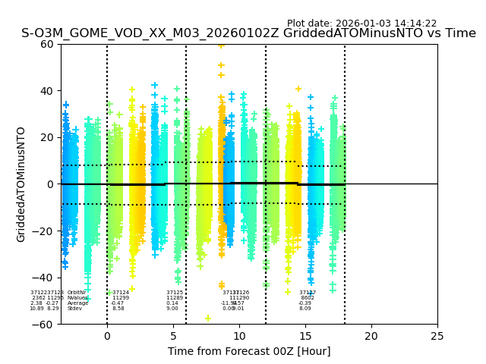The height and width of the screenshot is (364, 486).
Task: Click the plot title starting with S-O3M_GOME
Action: click(248, 33)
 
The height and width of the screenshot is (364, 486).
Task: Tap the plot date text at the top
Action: click(361, 24)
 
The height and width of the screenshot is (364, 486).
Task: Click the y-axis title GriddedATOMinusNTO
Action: click(21, 184)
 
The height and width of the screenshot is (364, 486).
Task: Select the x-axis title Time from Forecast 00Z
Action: click(249, 351)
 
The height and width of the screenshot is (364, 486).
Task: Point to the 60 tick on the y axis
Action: click(48, 44)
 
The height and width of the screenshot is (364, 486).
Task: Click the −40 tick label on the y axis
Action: click(45, 278)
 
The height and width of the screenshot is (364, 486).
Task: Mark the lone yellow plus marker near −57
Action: click(207, 318)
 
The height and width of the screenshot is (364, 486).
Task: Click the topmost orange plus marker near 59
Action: click(221, 45)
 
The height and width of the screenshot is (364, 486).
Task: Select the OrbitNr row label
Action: click(77, 293)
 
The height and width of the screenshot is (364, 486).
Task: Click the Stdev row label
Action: click(74, 309)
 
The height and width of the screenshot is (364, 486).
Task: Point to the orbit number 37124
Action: click(121, 293)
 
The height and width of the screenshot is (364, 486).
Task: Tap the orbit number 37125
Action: click(175, 293)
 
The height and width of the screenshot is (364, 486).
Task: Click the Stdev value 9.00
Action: click(172, 309)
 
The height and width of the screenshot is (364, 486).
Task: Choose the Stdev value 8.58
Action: click(118, 309)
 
